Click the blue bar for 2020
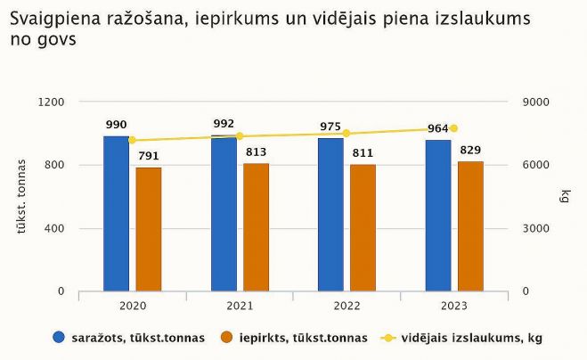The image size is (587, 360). coord(116,214)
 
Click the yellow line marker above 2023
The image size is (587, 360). coord(453,128)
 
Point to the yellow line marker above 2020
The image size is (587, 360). coord(132,140)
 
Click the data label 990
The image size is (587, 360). coord(117,125)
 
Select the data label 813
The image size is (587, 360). coord(256,151)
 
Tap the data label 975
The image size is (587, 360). coord(330,127)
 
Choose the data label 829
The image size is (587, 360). coord(471,150)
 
